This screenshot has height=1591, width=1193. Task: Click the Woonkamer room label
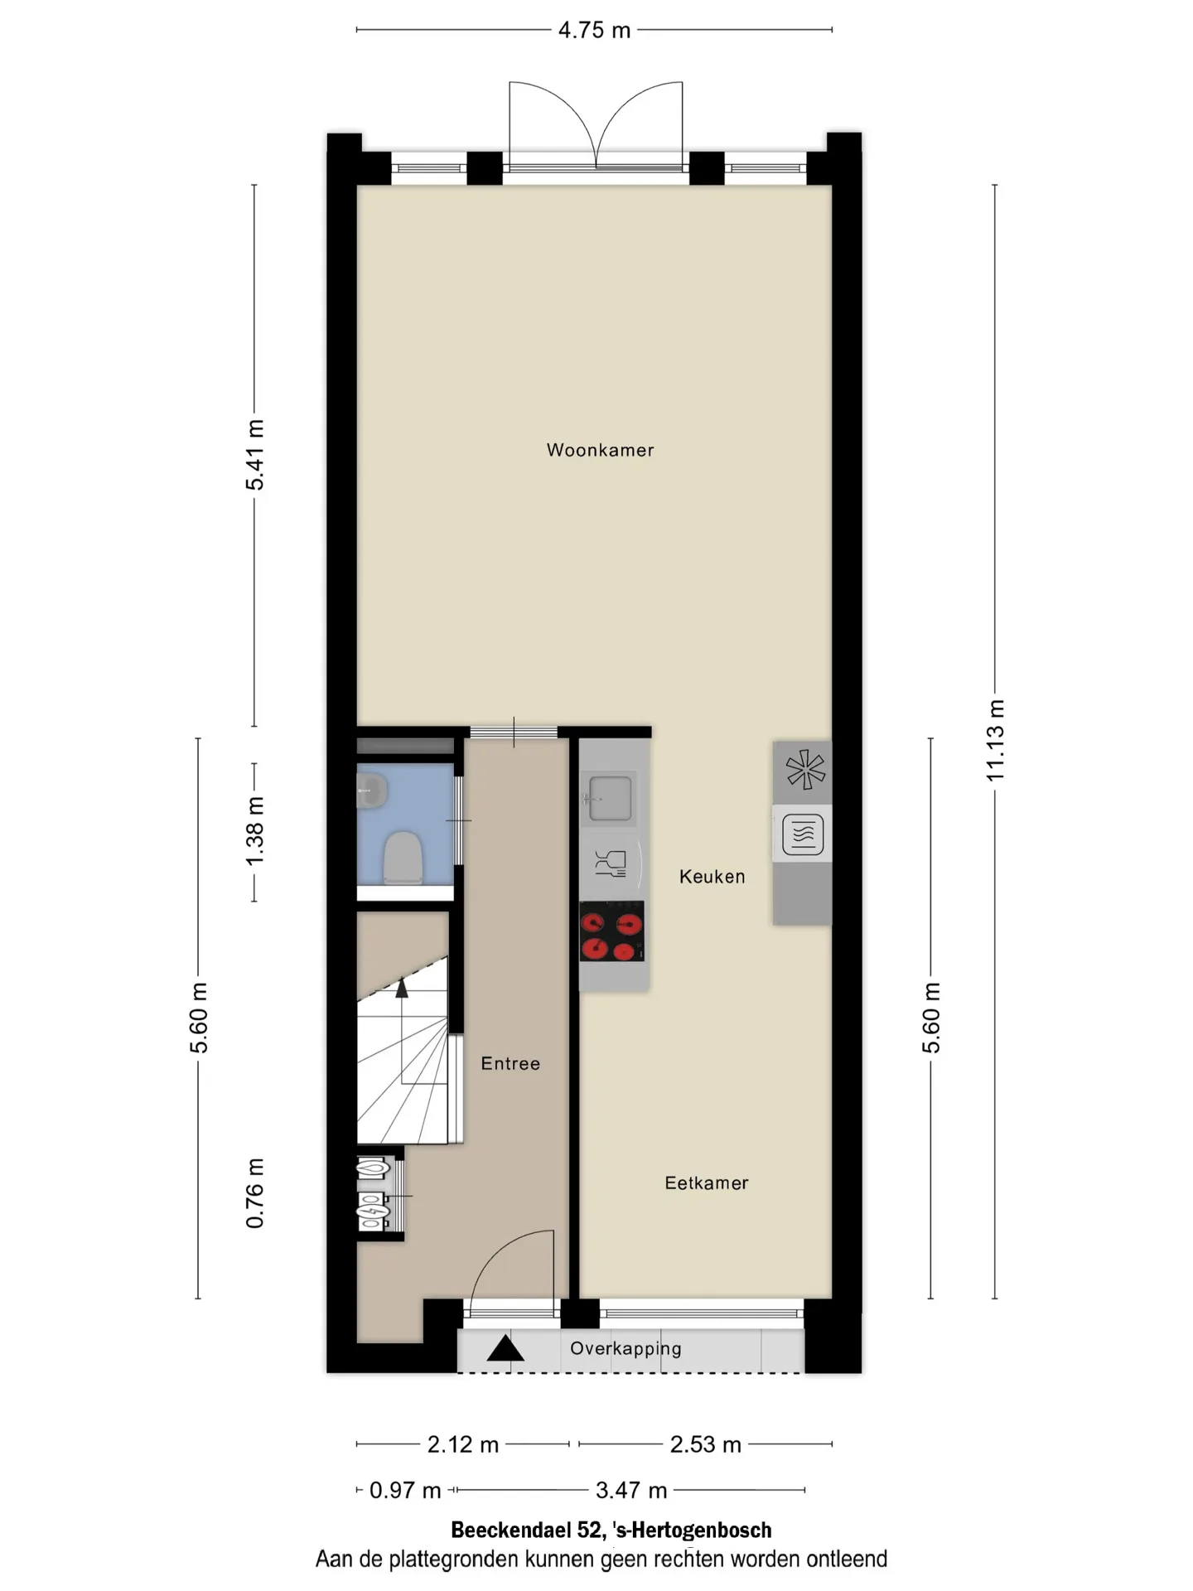click(600, 450)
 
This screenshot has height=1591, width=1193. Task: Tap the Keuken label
click(712, 877)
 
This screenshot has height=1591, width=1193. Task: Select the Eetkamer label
click(706, 1183)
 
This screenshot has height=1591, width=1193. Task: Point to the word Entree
click(510, 1064)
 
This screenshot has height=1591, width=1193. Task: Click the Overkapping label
click(625, 1349)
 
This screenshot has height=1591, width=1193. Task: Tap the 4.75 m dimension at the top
click(594, 31)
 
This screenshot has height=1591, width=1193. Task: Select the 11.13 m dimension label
click(995, 740)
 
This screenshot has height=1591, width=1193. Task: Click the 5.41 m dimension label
click(254, 455)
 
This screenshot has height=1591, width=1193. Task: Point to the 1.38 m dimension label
click(254, 831)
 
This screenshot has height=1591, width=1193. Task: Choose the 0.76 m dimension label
click(254, 1193)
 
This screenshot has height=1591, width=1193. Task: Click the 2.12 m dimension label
click(462, 1445)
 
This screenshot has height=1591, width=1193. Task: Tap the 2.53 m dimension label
click(705, 1445)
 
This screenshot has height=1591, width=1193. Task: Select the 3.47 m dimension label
click(631, 1491)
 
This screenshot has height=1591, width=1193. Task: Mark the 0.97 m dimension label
click(405, 1491)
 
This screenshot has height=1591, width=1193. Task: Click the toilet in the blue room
click(403, 858)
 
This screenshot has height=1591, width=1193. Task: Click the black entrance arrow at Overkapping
click(505, 1349)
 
